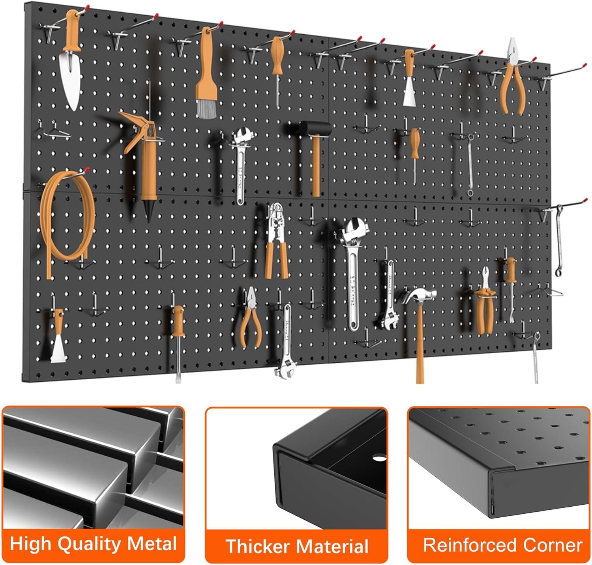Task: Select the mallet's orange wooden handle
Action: (316, 166)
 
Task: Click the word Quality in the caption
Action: (89, 544)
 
